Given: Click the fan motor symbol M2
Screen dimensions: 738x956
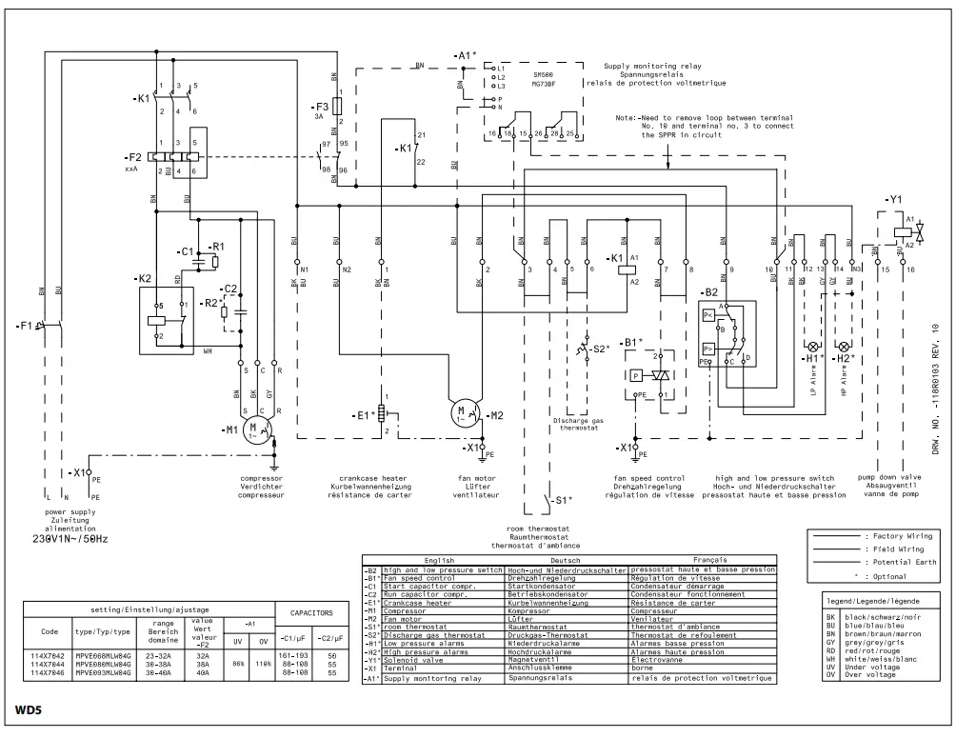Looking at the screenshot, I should tap(464, 414).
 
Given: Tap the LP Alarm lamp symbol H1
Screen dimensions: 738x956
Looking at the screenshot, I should tap(813, 345).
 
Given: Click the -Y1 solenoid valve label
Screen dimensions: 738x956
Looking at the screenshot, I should tap(892, 199).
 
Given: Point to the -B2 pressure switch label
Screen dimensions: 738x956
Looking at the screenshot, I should tap(708, 292).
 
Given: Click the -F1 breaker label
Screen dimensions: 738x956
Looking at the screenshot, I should tap(26, 326).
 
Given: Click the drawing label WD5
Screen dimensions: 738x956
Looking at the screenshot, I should tap(28, 709).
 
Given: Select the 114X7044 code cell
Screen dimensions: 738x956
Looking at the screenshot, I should tap(49, 666).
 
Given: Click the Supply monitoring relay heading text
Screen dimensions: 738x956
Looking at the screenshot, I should tap(652, 66).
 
